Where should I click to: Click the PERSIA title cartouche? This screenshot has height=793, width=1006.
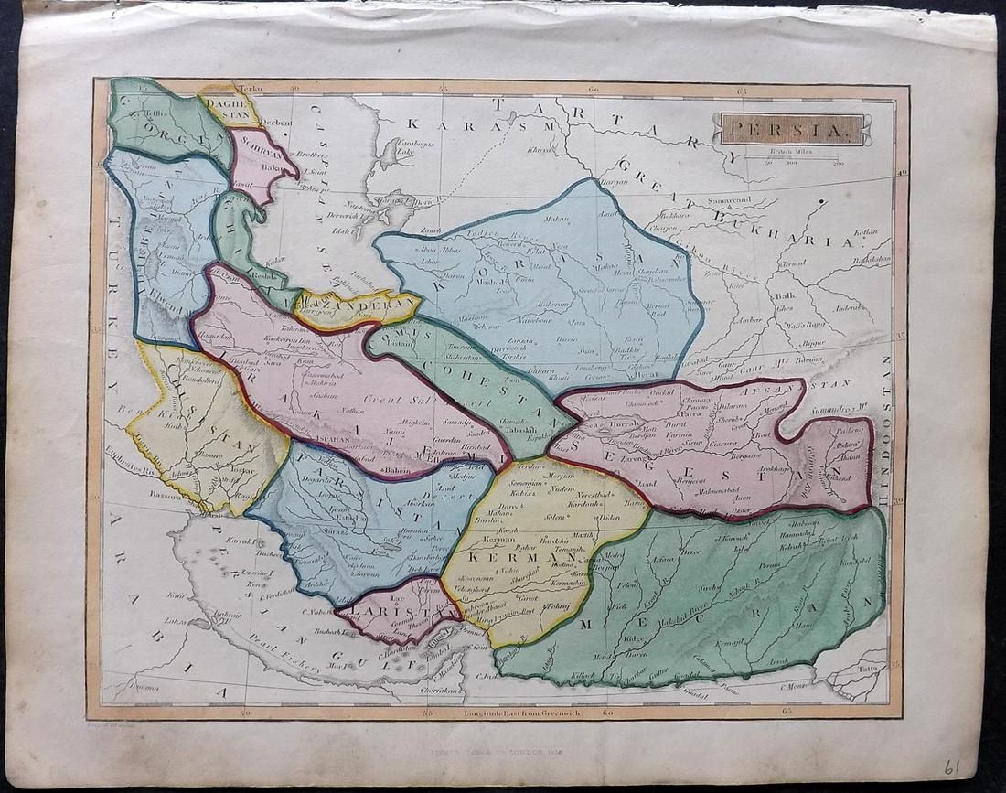[793, 129]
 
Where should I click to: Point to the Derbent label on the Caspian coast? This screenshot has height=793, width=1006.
[275, 123]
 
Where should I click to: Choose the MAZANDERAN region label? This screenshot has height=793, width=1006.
[359, 305]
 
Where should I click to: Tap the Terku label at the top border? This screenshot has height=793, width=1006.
[250, 89]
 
